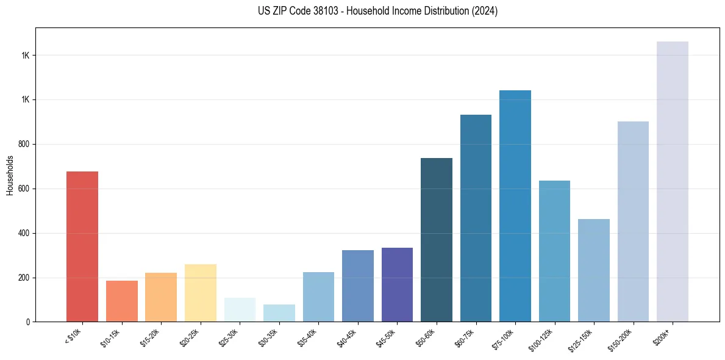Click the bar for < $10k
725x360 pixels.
(x=82, y=247)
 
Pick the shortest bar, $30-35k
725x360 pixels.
(x=279, y=313)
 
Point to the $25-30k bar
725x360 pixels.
(x=240, y=310)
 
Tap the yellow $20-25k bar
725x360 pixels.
(x=200, y=293)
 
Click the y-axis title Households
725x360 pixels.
(x=10, y=175)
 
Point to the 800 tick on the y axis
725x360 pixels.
(x=24, y=144)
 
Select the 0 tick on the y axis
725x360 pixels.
(x=29, y=322)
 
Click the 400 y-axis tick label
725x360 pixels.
(x=24, y=233)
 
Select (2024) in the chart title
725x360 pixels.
(x=485, y=11)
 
